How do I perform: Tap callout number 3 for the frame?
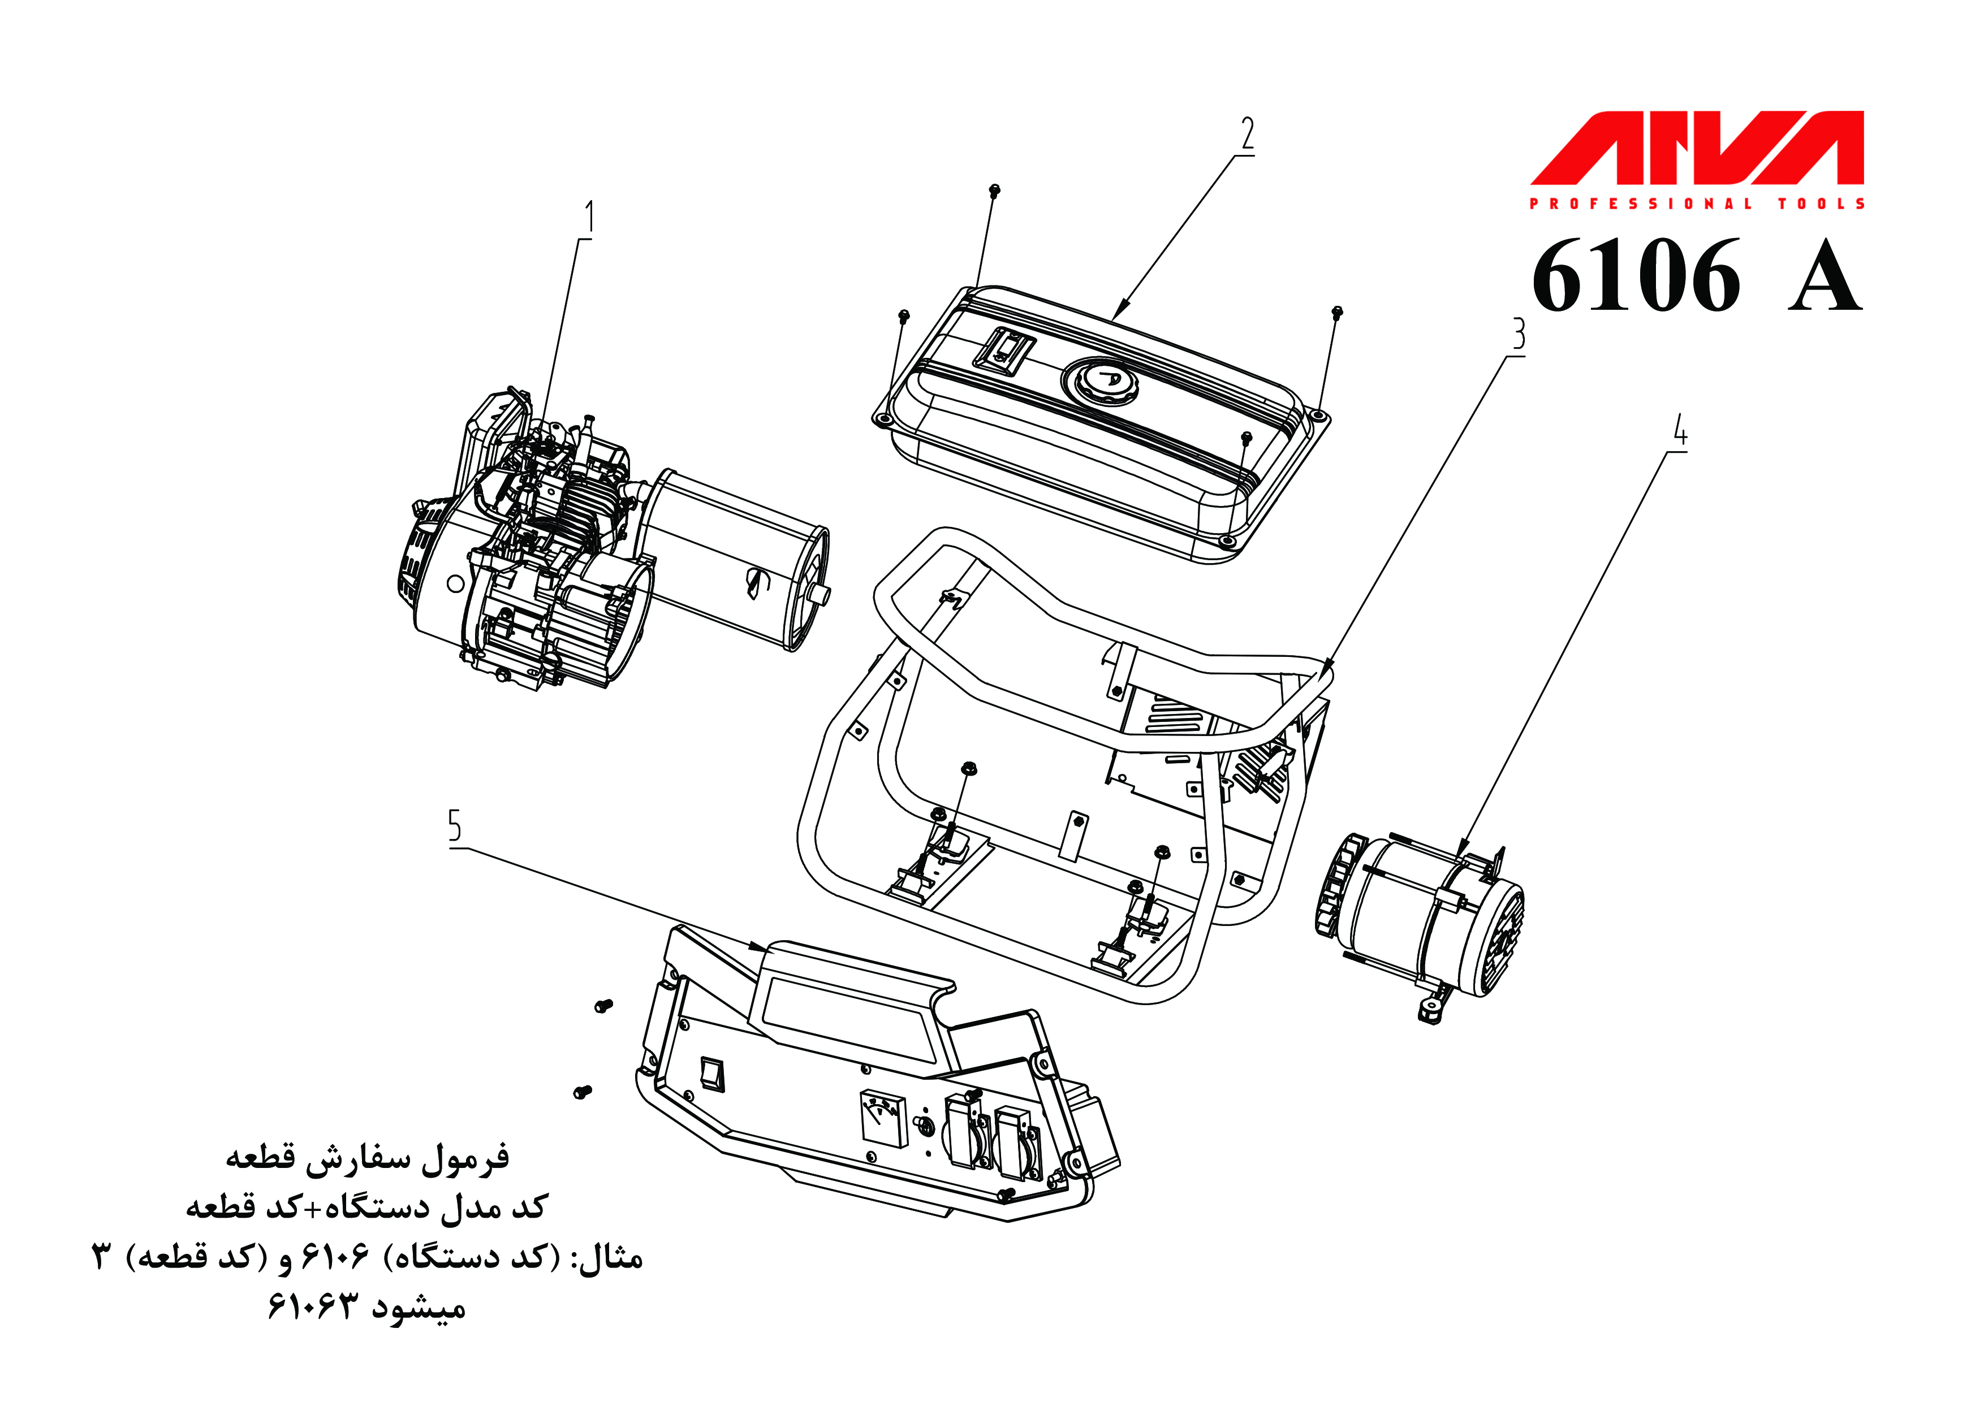1518,334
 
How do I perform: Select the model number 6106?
1636,276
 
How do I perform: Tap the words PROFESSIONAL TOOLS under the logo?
1696,204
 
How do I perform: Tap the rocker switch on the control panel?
713,1075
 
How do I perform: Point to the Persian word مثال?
610,1258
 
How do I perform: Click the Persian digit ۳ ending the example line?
102,1257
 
